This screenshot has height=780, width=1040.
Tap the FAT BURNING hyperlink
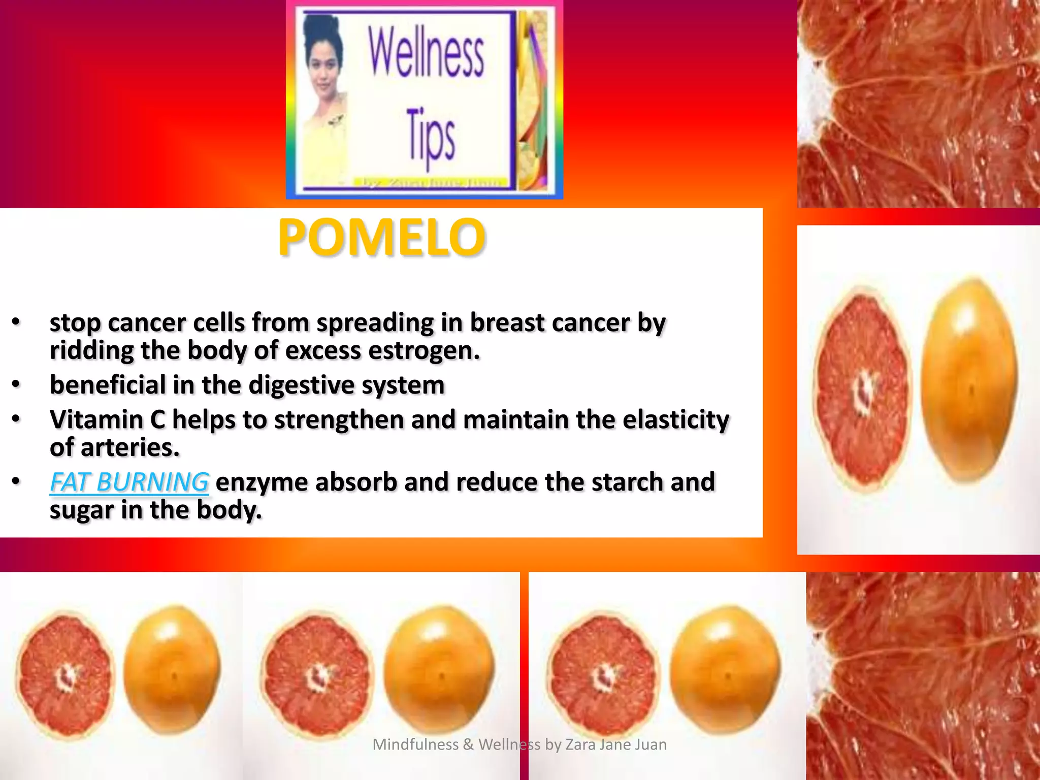coord(129,482)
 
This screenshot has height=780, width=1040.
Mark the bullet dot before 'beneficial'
coord(16,384)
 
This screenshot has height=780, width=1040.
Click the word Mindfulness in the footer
coord(415,744)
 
